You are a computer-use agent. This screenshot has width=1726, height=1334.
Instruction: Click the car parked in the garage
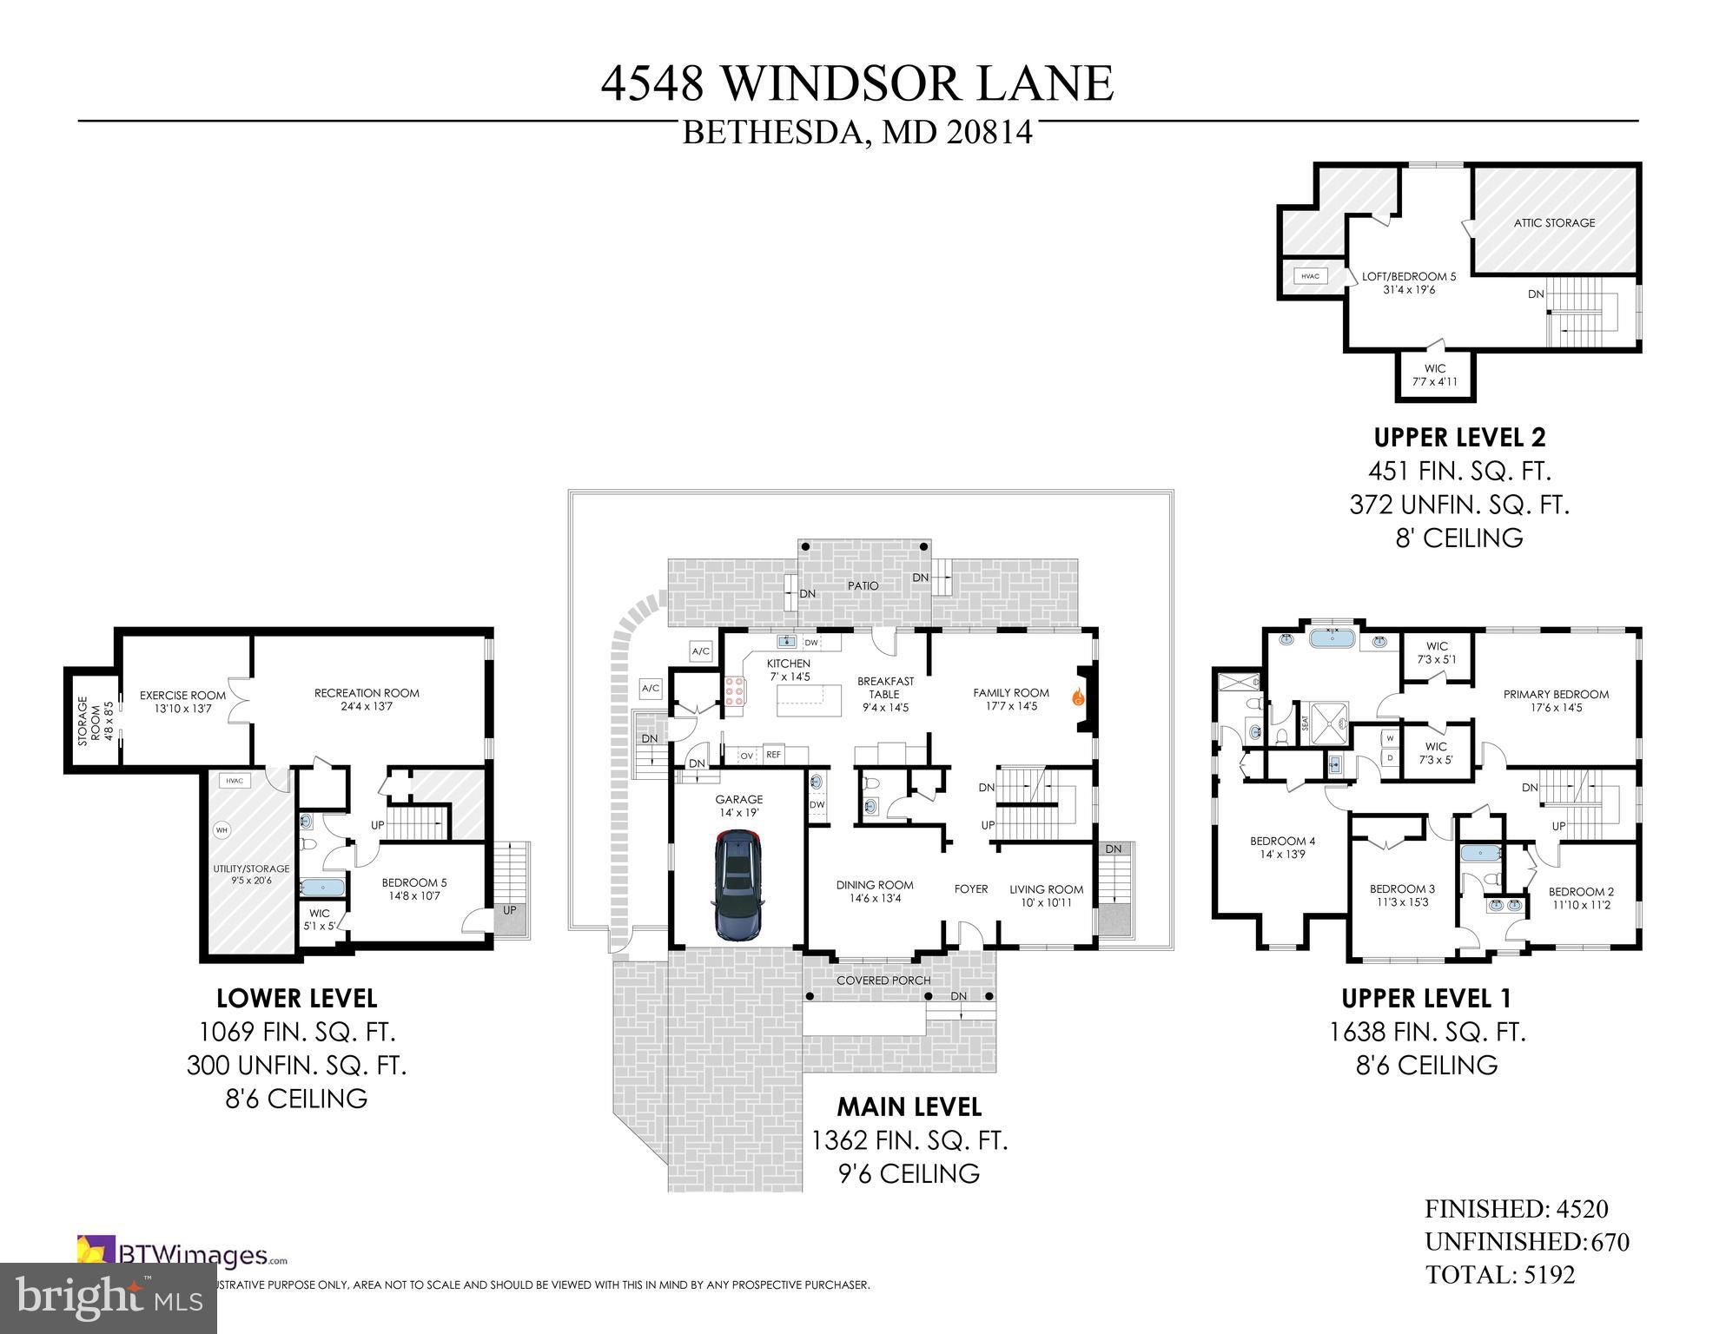point(737,886)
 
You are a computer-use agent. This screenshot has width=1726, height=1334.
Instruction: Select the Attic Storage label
point(1554,223)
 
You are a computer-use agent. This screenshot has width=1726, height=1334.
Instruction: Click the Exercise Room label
point(182,702)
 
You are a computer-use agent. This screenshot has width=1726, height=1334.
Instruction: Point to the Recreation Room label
point(367,699)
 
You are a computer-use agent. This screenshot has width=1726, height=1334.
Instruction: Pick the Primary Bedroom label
point(1556,700)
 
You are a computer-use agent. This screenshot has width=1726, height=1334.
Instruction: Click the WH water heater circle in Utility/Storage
point(222,830)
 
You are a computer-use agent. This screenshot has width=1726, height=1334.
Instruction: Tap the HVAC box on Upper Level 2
point(1311,276)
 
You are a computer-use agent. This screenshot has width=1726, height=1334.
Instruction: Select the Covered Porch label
point(883,981)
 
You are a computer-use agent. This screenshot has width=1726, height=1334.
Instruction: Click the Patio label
point(863,586)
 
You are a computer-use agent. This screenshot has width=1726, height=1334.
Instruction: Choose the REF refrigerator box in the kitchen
point(773,755)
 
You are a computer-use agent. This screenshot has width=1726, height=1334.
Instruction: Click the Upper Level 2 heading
point(1459,437)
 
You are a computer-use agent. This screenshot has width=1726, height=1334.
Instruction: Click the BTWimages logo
point(182,1255)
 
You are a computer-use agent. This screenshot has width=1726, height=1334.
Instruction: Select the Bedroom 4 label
point(1282,847)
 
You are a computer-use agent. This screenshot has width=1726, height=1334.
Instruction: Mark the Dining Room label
point(875,891)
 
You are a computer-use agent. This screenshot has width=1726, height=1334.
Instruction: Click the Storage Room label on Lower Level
point(89,721)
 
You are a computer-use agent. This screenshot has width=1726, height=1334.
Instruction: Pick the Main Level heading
point(909,1107)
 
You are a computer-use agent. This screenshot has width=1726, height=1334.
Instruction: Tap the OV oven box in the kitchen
point(746,756)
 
